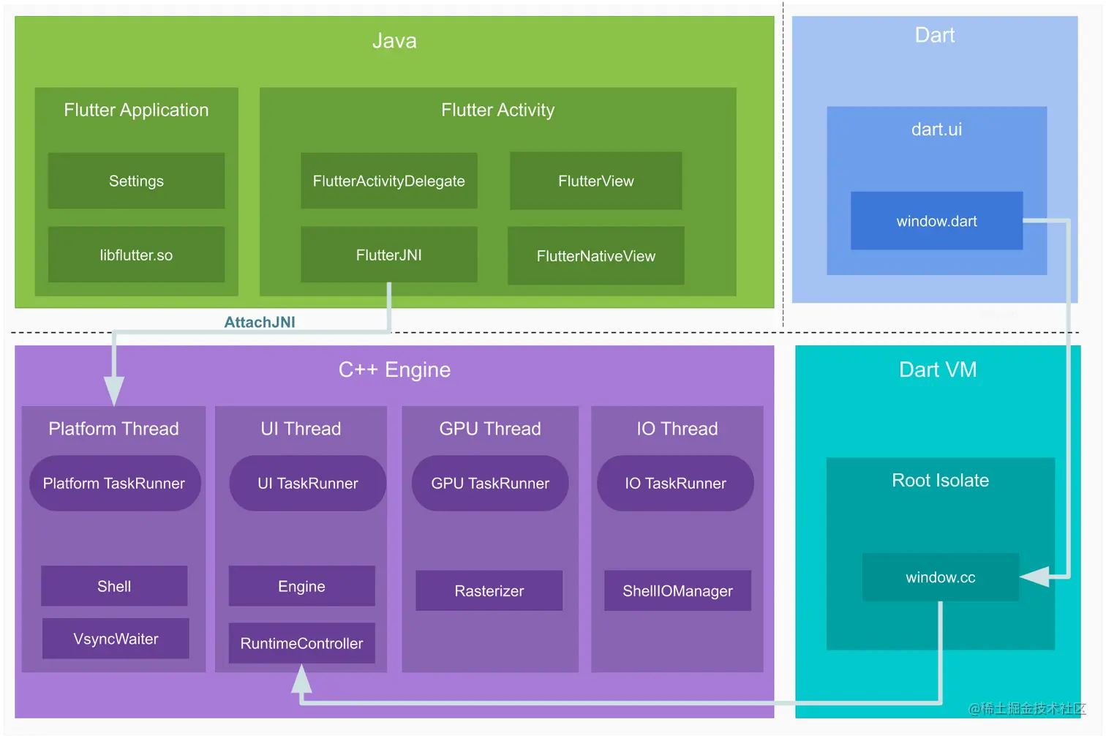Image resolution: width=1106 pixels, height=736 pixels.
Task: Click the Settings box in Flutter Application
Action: tap(136, 181)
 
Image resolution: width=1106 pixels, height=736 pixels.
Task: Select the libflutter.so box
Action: tap(136, 255)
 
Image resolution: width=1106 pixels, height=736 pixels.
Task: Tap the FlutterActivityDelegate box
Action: tap(388, 181)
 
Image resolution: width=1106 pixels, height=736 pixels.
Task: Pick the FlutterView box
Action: tap(595, 181)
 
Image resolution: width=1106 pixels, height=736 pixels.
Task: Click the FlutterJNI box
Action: tap(388, 255)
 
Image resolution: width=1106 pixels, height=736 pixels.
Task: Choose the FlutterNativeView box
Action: tap(595, 256)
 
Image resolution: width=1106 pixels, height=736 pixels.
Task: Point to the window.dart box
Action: tap(936, 221)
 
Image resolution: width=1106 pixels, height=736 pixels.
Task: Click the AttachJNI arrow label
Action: tap(260, 322)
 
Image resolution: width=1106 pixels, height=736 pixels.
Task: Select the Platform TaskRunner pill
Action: tap(114, 484)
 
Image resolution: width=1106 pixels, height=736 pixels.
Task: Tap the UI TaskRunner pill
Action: tap(307, 484)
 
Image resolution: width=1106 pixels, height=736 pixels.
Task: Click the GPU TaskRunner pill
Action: tap(490, 484)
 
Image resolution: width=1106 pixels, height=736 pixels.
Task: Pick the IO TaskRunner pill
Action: tap(675, 484)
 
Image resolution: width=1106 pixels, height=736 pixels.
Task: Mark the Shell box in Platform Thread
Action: tap(114, 586)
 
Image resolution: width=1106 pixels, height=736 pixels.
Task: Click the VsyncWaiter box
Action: tap(116, 639)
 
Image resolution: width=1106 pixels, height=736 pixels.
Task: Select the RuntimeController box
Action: tap(301, 643)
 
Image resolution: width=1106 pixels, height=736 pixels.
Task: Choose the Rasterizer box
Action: tap(489, 590)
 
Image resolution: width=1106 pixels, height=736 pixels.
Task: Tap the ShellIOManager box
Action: tap(677, 590)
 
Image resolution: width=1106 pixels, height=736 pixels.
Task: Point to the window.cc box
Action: tap(940, 577)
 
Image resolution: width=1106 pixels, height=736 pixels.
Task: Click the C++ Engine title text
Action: tap(394, 369)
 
